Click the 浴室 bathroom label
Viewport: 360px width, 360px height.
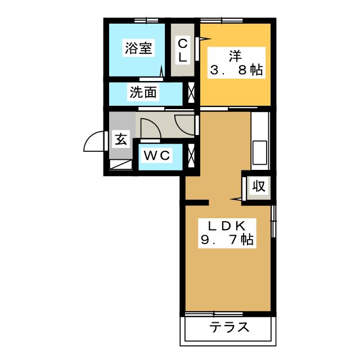(138, 48)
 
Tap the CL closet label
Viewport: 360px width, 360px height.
(183, 50)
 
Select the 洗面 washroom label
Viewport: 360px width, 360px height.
(143, 92)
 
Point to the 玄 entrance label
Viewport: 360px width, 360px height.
(121, 139)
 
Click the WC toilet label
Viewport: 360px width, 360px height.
(157, 156)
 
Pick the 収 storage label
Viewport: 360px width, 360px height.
(259, 186)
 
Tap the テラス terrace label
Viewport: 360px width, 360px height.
(229, 327)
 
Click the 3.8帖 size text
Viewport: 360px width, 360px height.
(236, 70)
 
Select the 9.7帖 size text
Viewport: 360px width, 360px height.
(227, 240)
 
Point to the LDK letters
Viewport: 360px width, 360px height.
(227, 226)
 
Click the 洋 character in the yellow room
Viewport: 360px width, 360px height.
(235, 56)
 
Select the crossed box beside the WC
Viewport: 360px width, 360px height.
(191, 155)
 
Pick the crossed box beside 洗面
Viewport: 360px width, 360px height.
(191, 92)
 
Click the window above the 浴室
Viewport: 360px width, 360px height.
(146, 21)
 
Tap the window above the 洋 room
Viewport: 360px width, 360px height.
(222, 21)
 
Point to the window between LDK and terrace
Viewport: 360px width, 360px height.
(214, 314)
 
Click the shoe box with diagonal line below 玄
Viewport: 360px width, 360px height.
(121, 165)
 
